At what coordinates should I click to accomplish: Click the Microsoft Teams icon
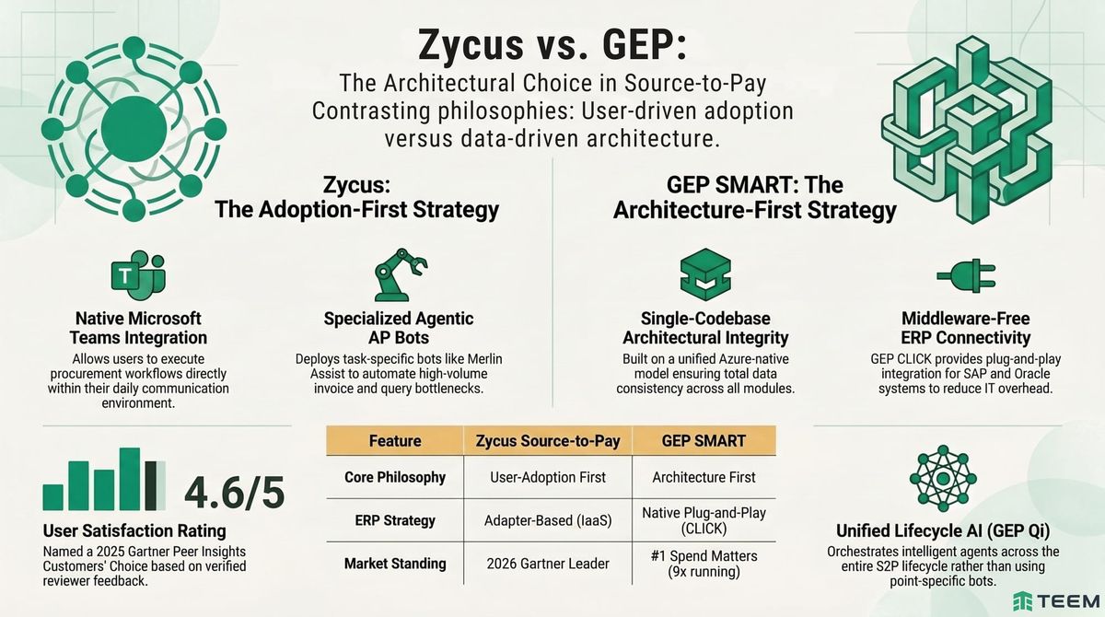coord(137,276)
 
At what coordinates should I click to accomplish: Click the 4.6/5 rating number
coord(234,494)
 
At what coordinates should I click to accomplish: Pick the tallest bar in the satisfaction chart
coord(130,478)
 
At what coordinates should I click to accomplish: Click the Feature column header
coord(395,440)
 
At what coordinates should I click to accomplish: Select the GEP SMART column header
coord(704,440)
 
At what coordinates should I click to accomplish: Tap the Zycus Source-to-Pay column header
coord(548,440)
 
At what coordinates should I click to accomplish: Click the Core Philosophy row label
coord(395,477)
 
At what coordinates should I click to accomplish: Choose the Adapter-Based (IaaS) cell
coord(548,520)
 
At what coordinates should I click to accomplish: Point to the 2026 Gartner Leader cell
coord(548,563)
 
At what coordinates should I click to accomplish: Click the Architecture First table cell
coord(704,477)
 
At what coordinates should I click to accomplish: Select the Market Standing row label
coord(395,563)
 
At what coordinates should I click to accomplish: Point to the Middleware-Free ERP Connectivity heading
coord(963,328)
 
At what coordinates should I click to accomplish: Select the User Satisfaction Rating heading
coord(134,530)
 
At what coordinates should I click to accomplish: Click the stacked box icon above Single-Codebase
coord(705,274)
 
